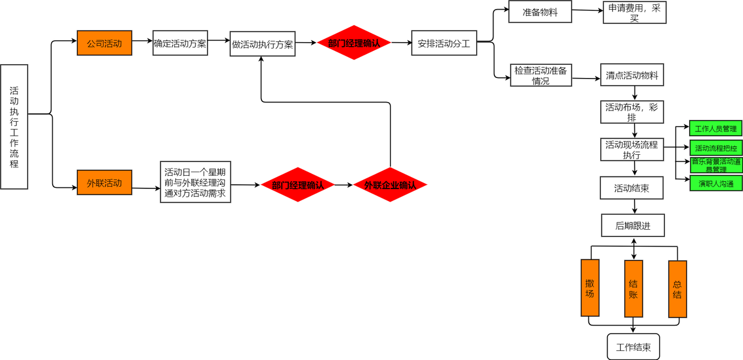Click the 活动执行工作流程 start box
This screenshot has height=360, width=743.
click(x=14, y=127)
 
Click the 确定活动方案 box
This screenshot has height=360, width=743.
click(x=180, y=43)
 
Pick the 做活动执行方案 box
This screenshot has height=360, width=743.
click(x=263, y=44)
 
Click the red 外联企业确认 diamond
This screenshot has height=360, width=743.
click(x=390, y=185)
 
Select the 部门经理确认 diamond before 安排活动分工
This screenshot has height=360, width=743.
click(x=354, y=43)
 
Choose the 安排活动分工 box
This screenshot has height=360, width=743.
click(x=444, y=43)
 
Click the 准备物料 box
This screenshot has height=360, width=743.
click(x=540, y=11)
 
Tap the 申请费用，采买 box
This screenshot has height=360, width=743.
click(x=634, y=12)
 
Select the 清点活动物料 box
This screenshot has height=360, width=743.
click(x=632, y=76)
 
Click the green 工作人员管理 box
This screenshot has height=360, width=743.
click(x=715, y=128)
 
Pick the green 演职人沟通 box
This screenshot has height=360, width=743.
click(x=715, y=183)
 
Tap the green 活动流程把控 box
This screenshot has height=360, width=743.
click(x=715, y=148)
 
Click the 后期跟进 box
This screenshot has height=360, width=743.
click(x=633, y=225)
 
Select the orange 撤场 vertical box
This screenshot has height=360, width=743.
click(x=590, y=288)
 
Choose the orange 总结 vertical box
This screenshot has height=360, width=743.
click(x=678, y=289)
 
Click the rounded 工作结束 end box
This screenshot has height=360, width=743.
click(x=633, y=347)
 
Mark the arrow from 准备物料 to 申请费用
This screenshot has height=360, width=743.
click(x=587, y=11)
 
